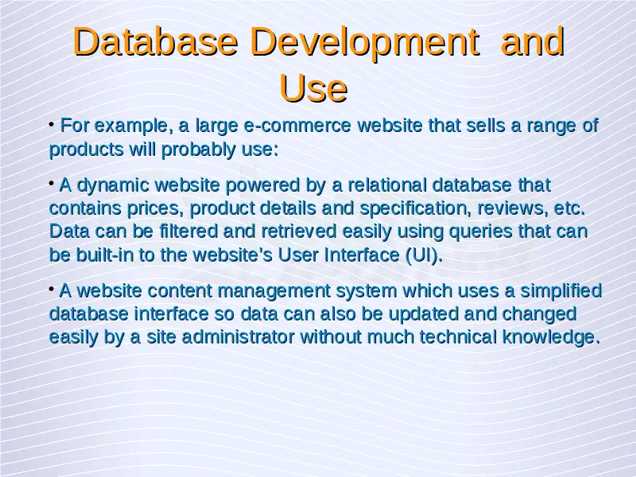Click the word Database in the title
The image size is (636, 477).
coord(155,41)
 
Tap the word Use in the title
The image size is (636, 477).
coord(313,88)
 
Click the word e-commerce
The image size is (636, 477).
coord(297,126)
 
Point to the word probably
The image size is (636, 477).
coord(198,150)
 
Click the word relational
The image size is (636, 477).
coord(387,185)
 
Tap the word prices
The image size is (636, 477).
coord(154,209)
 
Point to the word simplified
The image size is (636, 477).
coord(561,291)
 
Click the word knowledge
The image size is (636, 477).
coord(551,337)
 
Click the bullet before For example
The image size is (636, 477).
coord(52,123)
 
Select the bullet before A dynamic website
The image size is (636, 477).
coord(52,184)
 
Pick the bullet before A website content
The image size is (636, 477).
coord(52,289)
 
